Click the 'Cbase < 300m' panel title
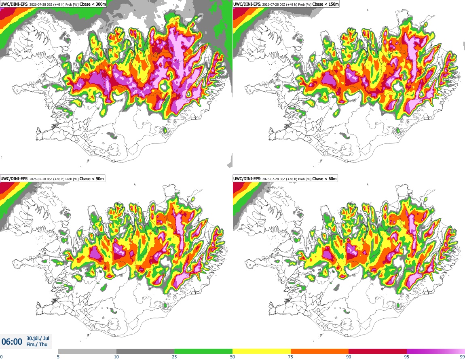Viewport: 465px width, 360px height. [x=93, y=4]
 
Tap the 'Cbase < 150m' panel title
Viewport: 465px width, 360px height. [x=325, y=4]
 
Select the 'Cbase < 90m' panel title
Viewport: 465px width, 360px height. [x=92, y=179]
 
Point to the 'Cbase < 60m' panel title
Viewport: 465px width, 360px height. [x=324, y=179]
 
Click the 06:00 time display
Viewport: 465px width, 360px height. [x=12, y=342]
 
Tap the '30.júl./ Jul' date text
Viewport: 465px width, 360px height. [x=38, y=338]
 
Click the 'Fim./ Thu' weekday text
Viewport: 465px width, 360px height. [x=37, y=344]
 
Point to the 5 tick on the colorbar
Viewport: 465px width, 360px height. [x=58, y=357]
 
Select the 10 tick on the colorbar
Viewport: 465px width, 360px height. [x=116, y=357]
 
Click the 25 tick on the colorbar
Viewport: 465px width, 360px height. [x=174, y=357]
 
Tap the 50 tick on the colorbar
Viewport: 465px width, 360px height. [x=232, y=357]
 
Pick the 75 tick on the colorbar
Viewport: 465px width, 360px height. [x=291, y=357]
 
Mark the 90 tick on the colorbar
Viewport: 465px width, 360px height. [x=349, y=357]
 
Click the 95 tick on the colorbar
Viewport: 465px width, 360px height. [x=407, y=357]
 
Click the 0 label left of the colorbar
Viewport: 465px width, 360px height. [x=2, y=357]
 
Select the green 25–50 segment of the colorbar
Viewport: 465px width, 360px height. [x=203, y=351]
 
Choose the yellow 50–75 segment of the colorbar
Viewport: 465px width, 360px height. [x=262, y=351]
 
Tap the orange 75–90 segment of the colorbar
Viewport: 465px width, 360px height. [x=320, y=351]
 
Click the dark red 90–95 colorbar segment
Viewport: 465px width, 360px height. [x=378, y=351]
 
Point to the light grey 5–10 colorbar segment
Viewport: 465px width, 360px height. [x=87, y=351]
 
